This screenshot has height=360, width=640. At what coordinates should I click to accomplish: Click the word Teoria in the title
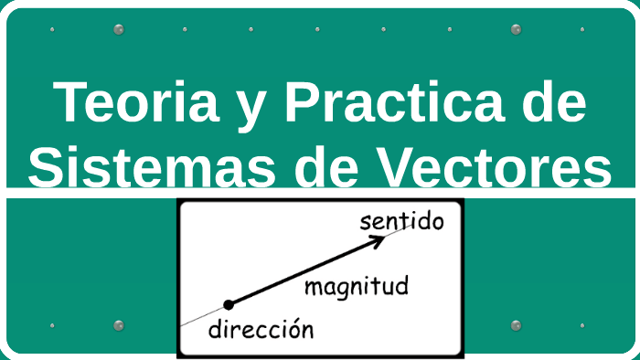(x=132, y=102)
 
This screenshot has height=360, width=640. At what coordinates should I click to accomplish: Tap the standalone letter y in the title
(x=240, y=108)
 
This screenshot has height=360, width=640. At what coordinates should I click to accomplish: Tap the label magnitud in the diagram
(x=357, y=287)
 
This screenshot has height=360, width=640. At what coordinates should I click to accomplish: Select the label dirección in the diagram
(x=261, y=330)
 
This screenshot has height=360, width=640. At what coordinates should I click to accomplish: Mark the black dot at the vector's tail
(x=229, y=304)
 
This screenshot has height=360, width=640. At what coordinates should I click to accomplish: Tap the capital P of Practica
(x=303, y=102)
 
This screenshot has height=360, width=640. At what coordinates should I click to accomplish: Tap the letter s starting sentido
(x=366, y=222)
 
